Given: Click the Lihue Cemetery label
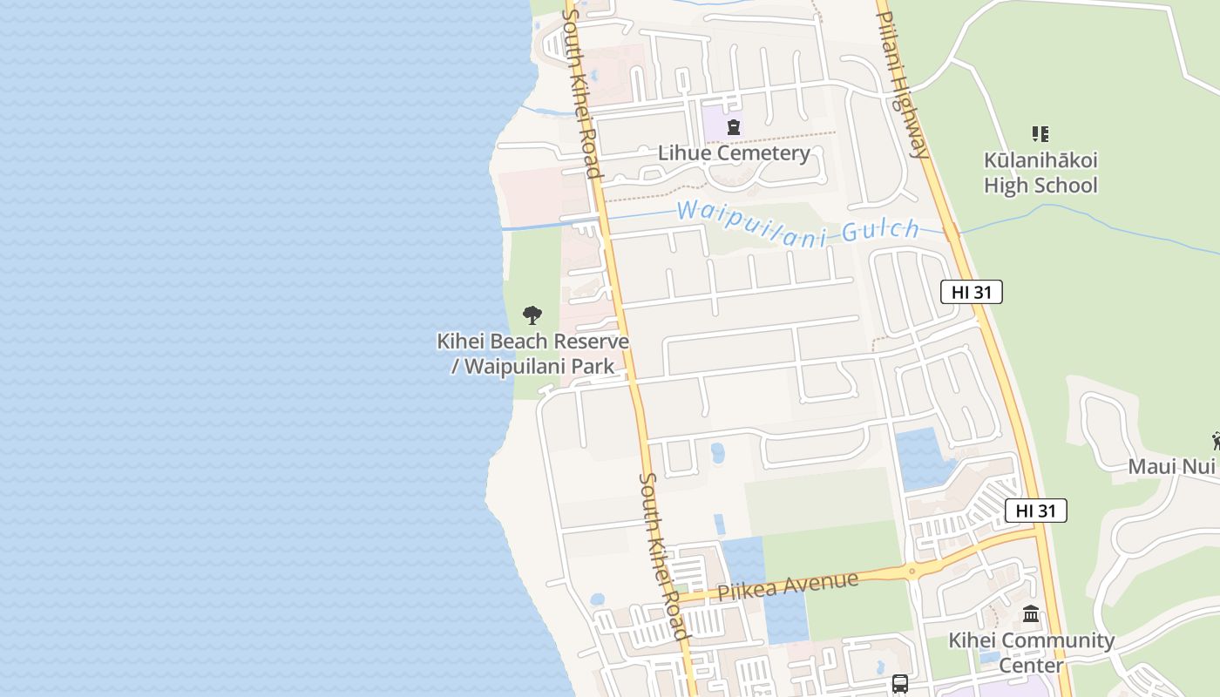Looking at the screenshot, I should pos(734,153).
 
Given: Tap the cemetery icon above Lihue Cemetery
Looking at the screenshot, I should pos(734,127).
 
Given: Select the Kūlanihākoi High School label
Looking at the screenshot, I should pos(1040,173).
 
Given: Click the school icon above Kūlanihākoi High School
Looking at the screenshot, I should pos(1040,134).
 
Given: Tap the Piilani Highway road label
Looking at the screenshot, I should pos(903,84).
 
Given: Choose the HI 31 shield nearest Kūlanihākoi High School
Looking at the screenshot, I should pos(971,293).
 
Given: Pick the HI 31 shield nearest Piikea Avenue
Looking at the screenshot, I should pos(1035,511).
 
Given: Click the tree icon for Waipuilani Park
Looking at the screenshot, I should pos(532,315).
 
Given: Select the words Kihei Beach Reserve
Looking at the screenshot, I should pos(532,341).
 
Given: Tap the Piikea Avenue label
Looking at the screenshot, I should pos(788,585).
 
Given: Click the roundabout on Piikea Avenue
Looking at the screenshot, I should pos(912,572).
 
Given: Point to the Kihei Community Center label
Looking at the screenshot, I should pos(1031,653).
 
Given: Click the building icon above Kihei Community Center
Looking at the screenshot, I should pos(1031,614).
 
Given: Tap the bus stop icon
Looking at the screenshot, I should pos(900,684).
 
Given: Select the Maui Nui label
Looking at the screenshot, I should pos(1171,466).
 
